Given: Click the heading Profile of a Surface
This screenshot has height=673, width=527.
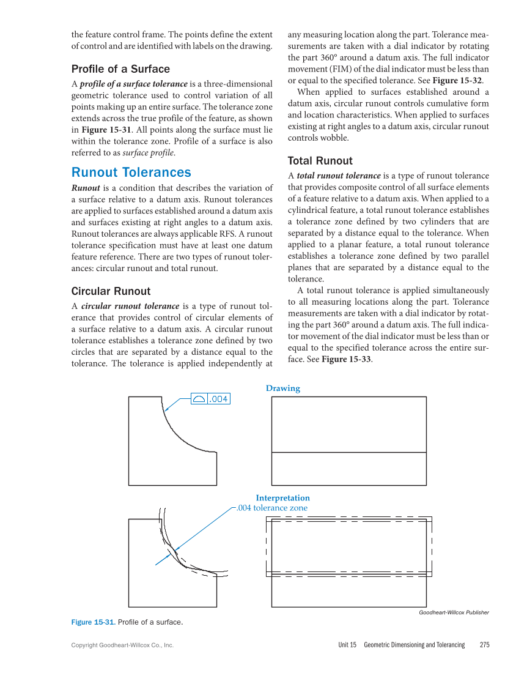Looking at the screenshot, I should [120, 69].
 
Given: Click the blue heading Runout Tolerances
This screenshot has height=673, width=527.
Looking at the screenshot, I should [131, 173].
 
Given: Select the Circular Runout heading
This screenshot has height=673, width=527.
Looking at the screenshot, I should [111, 291].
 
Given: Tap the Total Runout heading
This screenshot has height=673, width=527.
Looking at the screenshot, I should [320, 161].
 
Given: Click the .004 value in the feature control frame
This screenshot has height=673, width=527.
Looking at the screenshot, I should [219, 399].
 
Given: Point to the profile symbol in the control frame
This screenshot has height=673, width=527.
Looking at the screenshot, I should [199, 399].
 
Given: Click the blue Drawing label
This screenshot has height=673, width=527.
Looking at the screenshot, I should [282, 389].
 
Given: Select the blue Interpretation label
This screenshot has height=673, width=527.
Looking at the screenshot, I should [282, 498].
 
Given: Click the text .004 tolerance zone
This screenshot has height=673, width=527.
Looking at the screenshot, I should [272, 508].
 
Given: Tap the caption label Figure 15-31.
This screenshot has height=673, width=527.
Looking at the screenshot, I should [93, 622].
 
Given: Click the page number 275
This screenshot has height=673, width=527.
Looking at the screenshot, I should [485, 645].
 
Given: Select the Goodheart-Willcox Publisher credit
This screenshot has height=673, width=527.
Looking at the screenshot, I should [454, 612].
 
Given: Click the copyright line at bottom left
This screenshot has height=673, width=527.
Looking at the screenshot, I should [122, 645].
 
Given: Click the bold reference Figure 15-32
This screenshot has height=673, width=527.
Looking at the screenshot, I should [457, 80].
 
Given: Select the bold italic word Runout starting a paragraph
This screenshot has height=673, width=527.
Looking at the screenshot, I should [86, 188].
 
